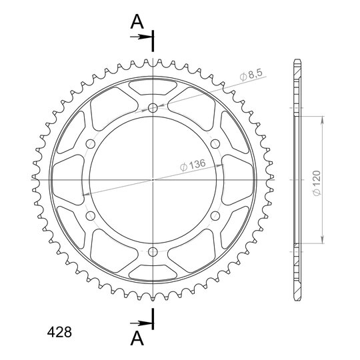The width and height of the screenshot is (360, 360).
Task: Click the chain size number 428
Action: tap(59, 332)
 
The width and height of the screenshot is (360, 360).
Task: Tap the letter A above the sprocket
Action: tap(137, 21)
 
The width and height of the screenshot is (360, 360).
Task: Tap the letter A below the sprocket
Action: tap(137, 339)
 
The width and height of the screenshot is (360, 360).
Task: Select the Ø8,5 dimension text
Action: tap(251, 75)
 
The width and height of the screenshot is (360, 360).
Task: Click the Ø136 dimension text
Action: tap(193, 165)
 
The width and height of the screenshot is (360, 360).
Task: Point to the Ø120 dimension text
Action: tap(317, 183)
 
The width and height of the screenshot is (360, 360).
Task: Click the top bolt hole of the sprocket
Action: tap(153, 108)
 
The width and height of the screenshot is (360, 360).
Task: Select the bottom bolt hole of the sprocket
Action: tap(153, 252)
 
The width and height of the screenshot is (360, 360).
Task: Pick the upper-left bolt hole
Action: tap(91, 144)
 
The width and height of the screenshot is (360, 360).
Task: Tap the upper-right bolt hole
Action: tap(215, 144)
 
